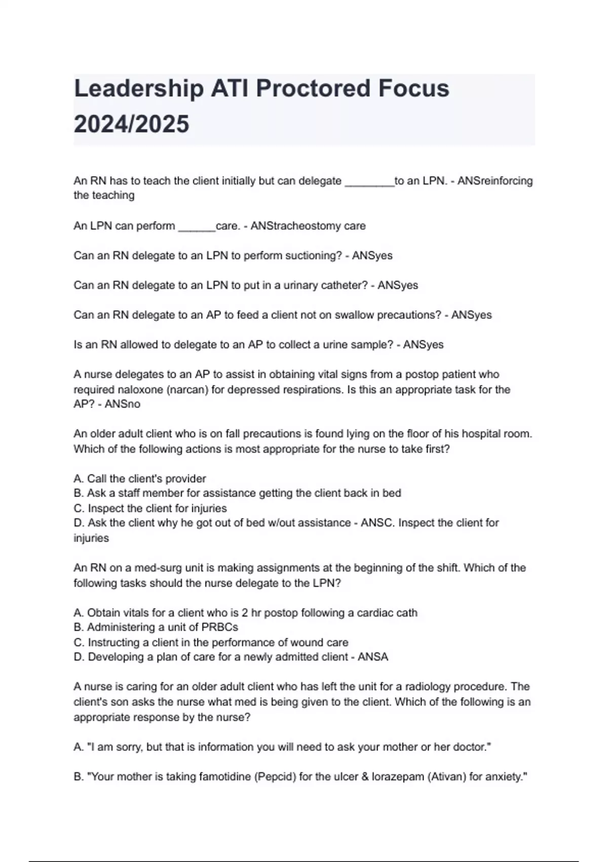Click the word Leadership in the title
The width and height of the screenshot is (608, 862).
tap(138, 89)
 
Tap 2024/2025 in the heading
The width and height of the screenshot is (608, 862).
tap(131, 124)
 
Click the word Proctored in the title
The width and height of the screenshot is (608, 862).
tap(314, 89)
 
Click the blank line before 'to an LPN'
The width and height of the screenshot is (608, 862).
tap(369, 183)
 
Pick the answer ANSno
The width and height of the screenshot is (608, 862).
tap(123, 404)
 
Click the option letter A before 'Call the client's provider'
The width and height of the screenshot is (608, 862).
tap(78, 479)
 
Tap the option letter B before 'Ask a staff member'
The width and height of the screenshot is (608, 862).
tap(78, 493)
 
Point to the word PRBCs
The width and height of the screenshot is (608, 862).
tap(220, 627)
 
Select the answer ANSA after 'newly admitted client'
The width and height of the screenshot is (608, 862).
tap(373, 657)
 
